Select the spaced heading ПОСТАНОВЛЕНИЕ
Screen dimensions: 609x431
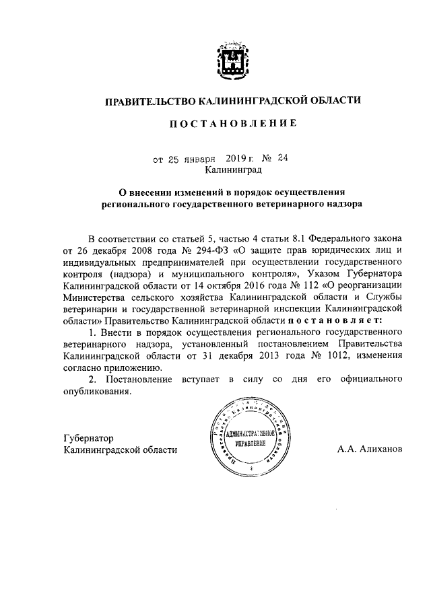[x=231, y=125]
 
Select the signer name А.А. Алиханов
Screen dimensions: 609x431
[x=370, y=450]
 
